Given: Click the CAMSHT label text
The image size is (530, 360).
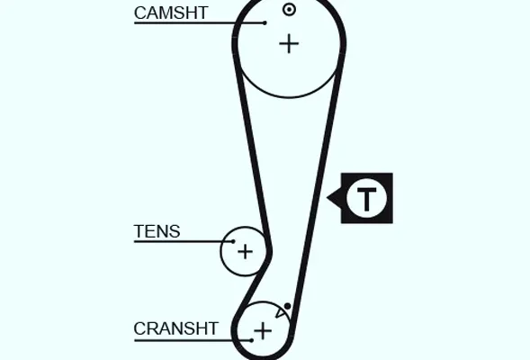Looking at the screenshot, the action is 171,13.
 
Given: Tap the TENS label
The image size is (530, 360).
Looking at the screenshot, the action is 157,231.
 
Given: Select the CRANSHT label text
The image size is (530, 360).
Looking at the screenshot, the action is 176,328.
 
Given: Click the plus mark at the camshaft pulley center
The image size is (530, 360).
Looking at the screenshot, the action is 289,43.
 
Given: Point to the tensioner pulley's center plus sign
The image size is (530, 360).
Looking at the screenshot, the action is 245,251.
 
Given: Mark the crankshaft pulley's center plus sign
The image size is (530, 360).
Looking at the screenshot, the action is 263,330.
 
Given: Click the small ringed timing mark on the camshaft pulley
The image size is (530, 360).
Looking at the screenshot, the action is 289,10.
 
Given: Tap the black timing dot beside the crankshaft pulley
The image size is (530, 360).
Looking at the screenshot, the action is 287,306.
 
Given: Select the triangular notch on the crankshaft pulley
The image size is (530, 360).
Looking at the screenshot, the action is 280,312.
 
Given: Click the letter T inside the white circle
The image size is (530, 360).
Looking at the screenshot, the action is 367,198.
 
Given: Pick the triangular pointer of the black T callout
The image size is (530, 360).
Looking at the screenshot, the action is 334,198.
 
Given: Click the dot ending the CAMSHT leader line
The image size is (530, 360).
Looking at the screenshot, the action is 265,23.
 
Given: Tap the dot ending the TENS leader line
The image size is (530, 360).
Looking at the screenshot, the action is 233,241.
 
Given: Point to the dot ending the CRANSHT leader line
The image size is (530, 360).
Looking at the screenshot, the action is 251,340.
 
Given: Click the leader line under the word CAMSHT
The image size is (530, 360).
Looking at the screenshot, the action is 200,23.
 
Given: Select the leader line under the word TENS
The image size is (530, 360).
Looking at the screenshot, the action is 184,241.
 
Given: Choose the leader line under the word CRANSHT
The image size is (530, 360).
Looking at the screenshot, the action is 193,340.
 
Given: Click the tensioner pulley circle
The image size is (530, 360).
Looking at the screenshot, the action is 220,251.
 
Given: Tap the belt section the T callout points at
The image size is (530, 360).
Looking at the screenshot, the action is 319,198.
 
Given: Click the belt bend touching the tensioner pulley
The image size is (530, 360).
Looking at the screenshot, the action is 269,251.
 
